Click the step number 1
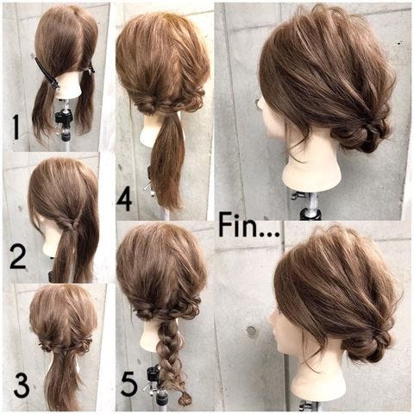[x=16, y=127]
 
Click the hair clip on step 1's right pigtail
[x=90, y=70]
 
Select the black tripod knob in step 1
[x=62, y=119]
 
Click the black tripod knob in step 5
[x=152, y=373]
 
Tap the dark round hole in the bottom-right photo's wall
[x=251, y=331]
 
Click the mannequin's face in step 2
[x=47, y=235]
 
